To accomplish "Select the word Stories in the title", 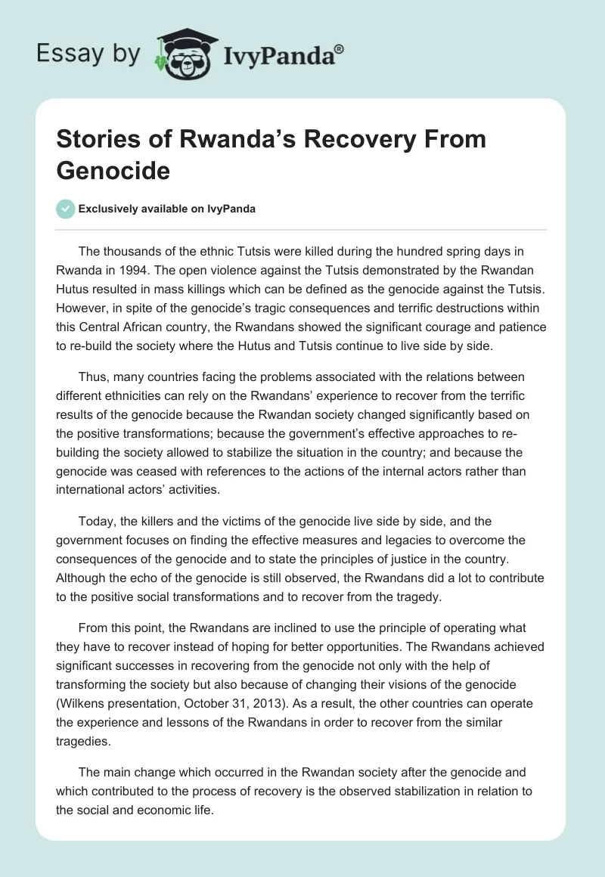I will point(98,139).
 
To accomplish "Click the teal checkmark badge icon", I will point(66,209).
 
